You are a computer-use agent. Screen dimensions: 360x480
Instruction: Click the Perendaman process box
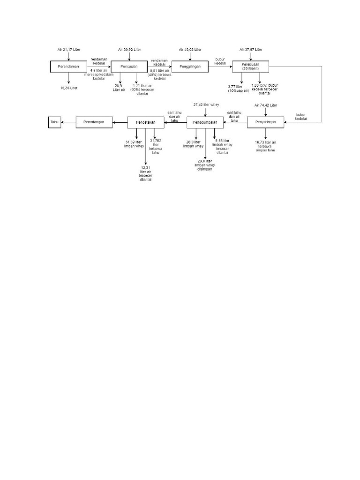click(x=68, y=67)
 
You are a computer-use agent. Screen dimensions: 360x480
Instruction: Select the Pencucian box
click(x=129, y=67)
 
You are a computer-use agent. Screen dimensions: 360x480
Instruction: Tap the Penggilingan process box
click(x=189, y=67)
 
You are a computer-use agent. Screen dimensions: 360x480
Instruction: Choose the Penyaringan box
click(x=266, y=123)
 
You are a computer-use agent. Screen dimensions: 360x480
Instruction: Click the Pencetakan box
click(x=145, y=123)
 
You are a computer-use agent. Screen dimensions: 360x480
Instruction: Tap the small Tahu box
click(x=55, y=123)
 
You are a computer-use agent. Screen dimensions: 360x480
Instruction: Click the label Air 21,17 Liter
click(x=69, y=49)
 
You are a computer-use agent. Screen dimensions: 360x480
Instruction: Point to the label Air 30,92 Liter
click(x=129, y=49)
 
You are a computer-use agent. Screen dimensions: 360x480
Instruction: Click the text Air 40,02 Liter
click(x=190, y=49)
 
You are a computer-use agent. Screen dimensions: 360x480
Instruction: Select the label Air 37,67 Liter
click(x=251, y=49)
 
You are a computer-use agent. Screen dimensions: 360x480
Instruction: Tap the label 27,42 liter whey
click(x=206, y=104)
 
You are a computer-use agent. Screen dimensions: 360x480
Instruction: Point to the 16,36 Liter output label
click(x=69, y=88)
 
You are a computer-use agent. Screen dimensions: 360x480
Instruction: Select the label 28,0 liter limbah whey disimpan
click(x=205, y=165)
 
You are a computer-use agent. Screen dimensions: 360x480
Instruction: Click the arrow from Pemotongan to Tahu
click(x=69, y=123)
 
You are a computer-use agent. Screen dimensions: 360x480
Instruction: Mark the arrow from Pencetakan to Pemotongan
click(x=120, y=123)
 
